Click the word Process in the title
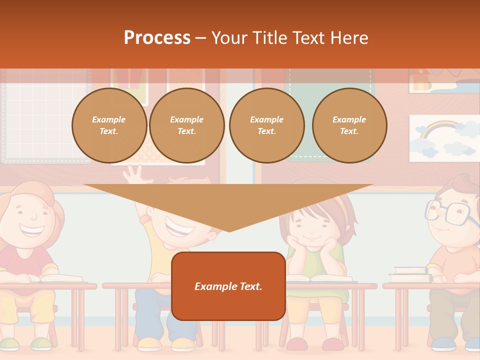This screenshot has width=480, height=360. (157, 38)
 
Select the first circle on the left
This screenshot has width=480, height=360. (109, 125)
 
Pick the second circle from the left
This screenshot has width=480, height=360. (186, 125)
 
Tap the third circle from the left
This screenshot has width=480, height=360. (266, 125)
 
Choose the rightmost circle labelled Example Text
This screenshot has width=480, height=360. (349, 125)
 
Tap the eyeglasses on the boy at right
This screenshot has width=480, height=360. (450, 212)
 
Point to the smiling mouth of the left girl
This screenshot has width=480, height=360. (31, 231)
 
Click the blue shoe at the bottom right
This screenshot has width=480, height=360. (442, 344)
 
